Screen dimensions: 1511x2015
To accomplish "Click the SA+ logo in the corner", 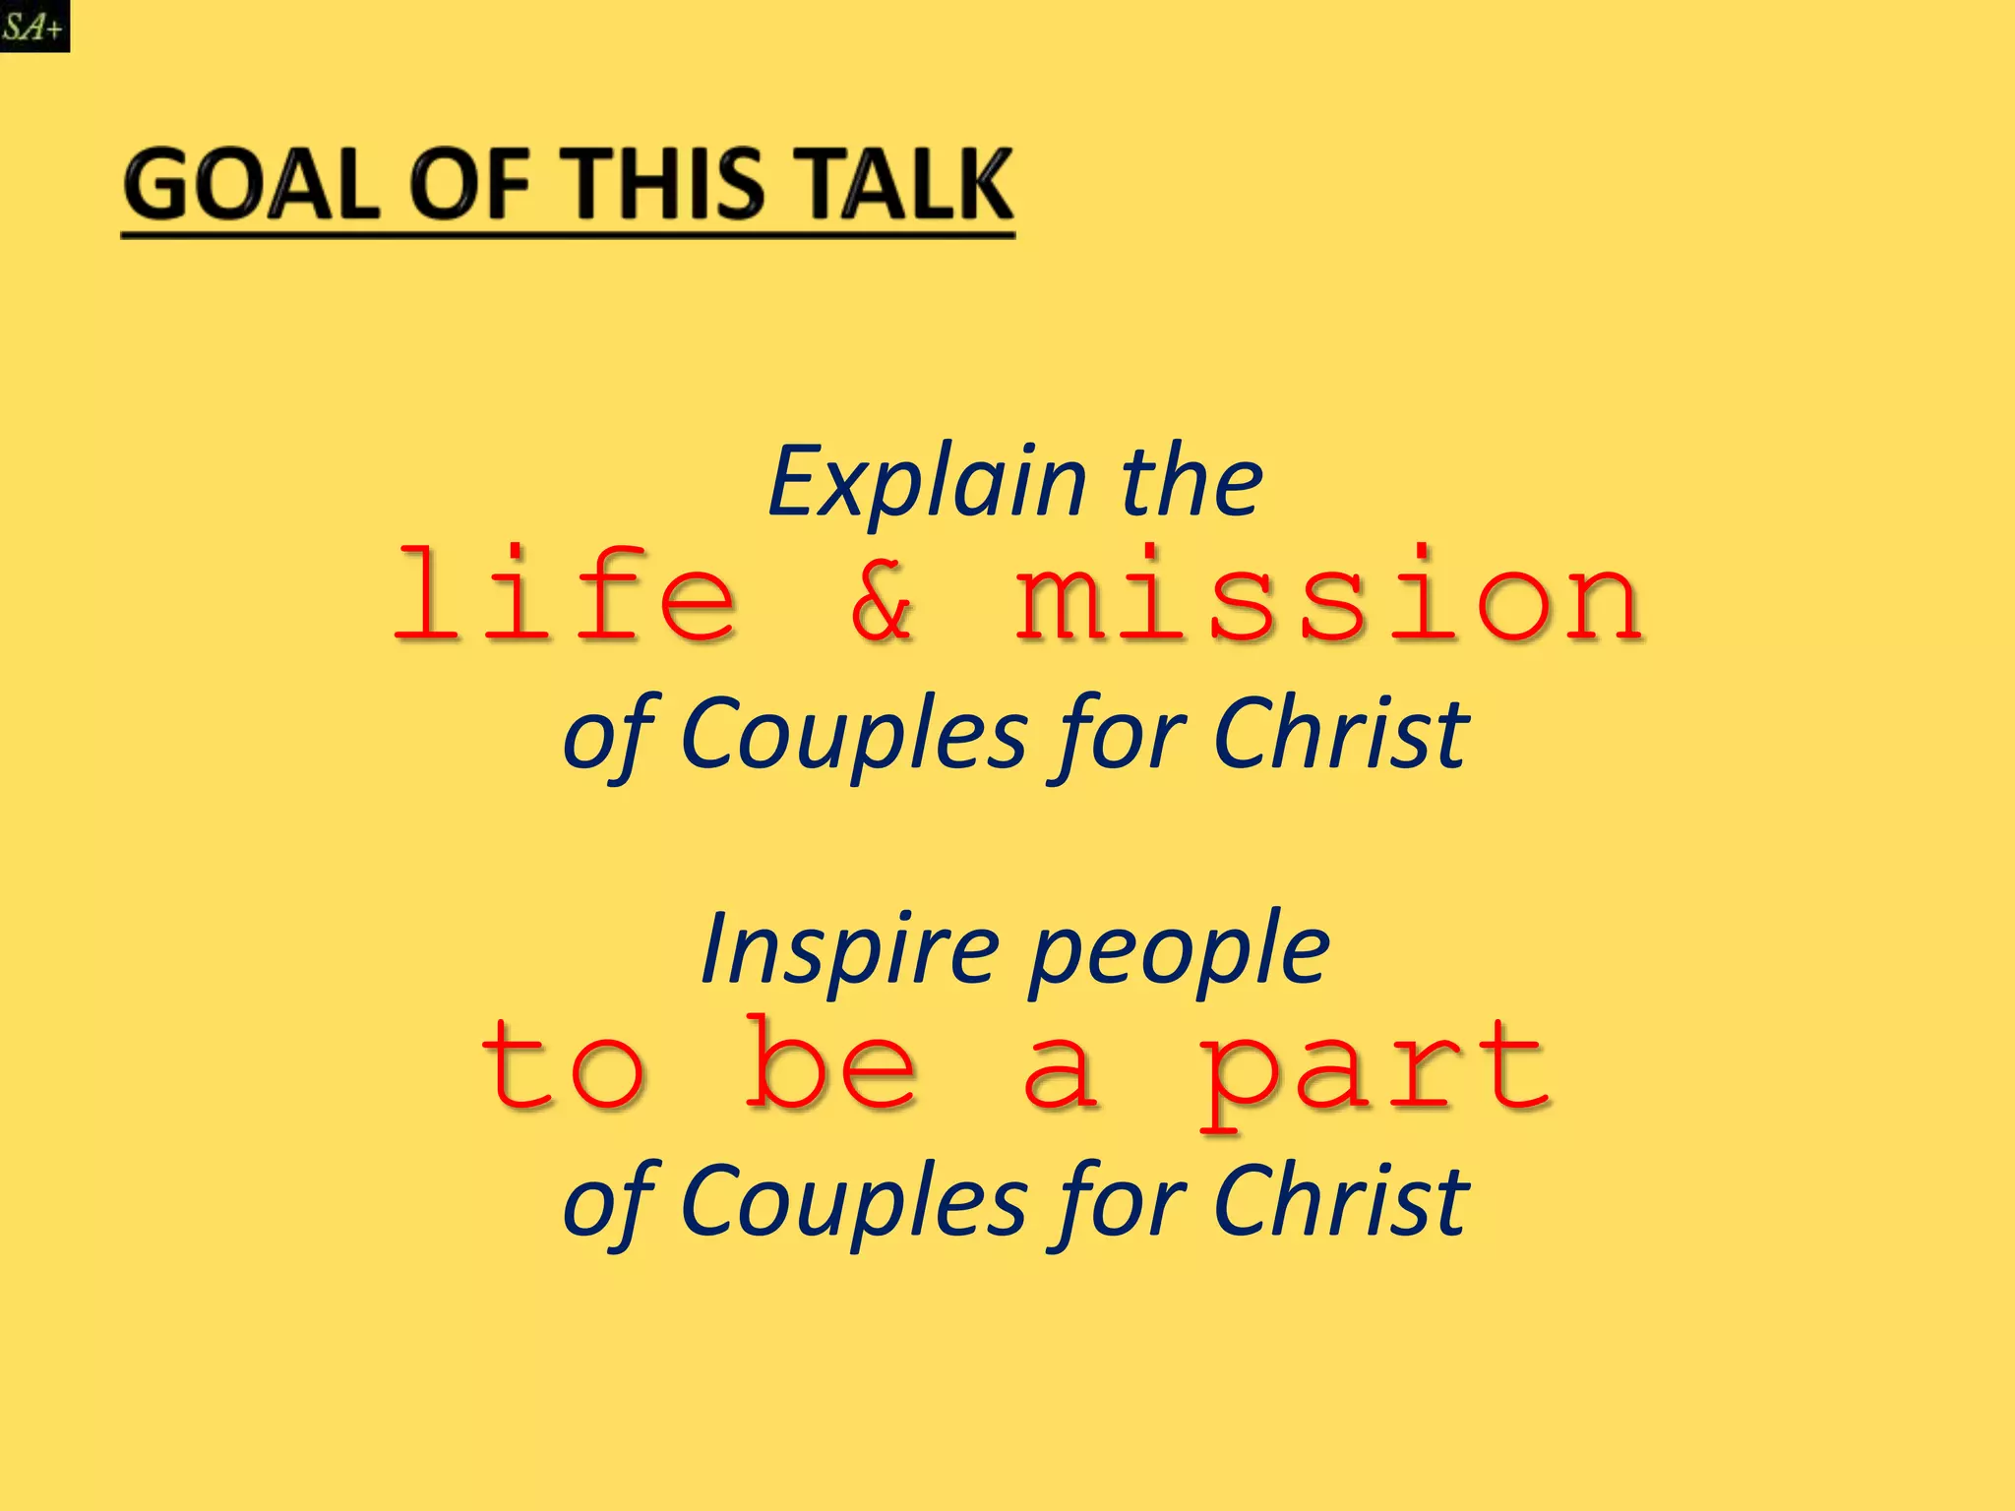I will click(34, 26).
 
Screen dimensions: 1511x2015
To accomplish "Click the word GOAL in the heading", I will click(251, 186).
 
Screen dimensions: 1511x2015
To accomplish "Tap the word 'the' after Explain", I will click(1191, 482).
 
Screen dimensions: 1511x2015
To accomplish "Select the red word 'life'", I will click(565, 595).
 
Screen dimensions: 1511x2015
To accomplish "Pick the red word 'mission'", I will click(1328, 595).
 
